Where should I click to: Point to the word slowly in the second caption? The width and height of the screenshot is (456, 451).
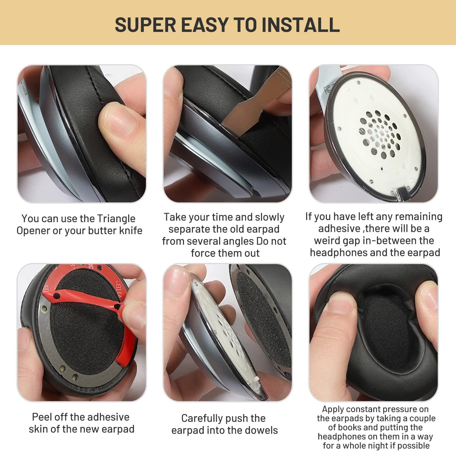pos(270,217)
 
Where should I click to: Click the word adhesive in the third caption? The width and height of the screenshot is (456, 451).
pos(339,229)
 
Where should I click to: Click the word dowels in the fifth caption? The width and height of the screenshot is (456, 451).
pos(262,431)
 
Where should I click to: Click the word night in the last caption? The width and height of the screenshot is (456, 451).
pos(376,446)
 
